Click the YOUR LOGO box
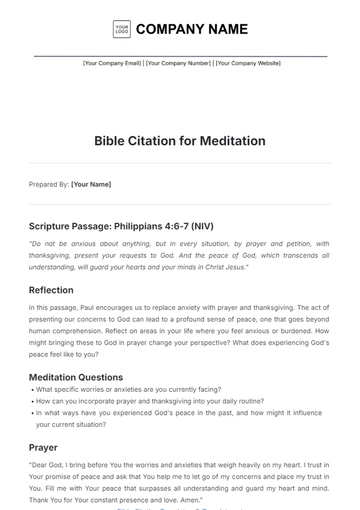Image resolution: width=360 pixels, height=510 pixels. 122,29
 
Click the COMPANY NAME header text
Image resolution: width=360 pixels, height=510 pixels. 192,29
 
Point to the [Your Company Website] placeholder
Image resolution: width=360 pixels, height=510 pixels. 245,63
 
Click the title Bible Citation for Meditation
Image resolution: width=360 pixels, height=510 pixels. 180,141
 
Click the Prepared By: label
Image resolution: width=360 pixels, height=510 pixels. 49,184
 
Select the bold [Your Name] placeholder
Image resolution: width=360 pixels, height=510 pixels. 91,184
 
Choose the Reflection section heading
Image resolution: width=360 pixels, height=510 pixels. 51,290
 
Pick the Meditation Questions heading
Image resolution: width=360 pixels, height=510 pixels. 76,377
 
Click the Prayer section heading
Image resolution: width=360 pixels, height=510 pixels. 43,447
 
